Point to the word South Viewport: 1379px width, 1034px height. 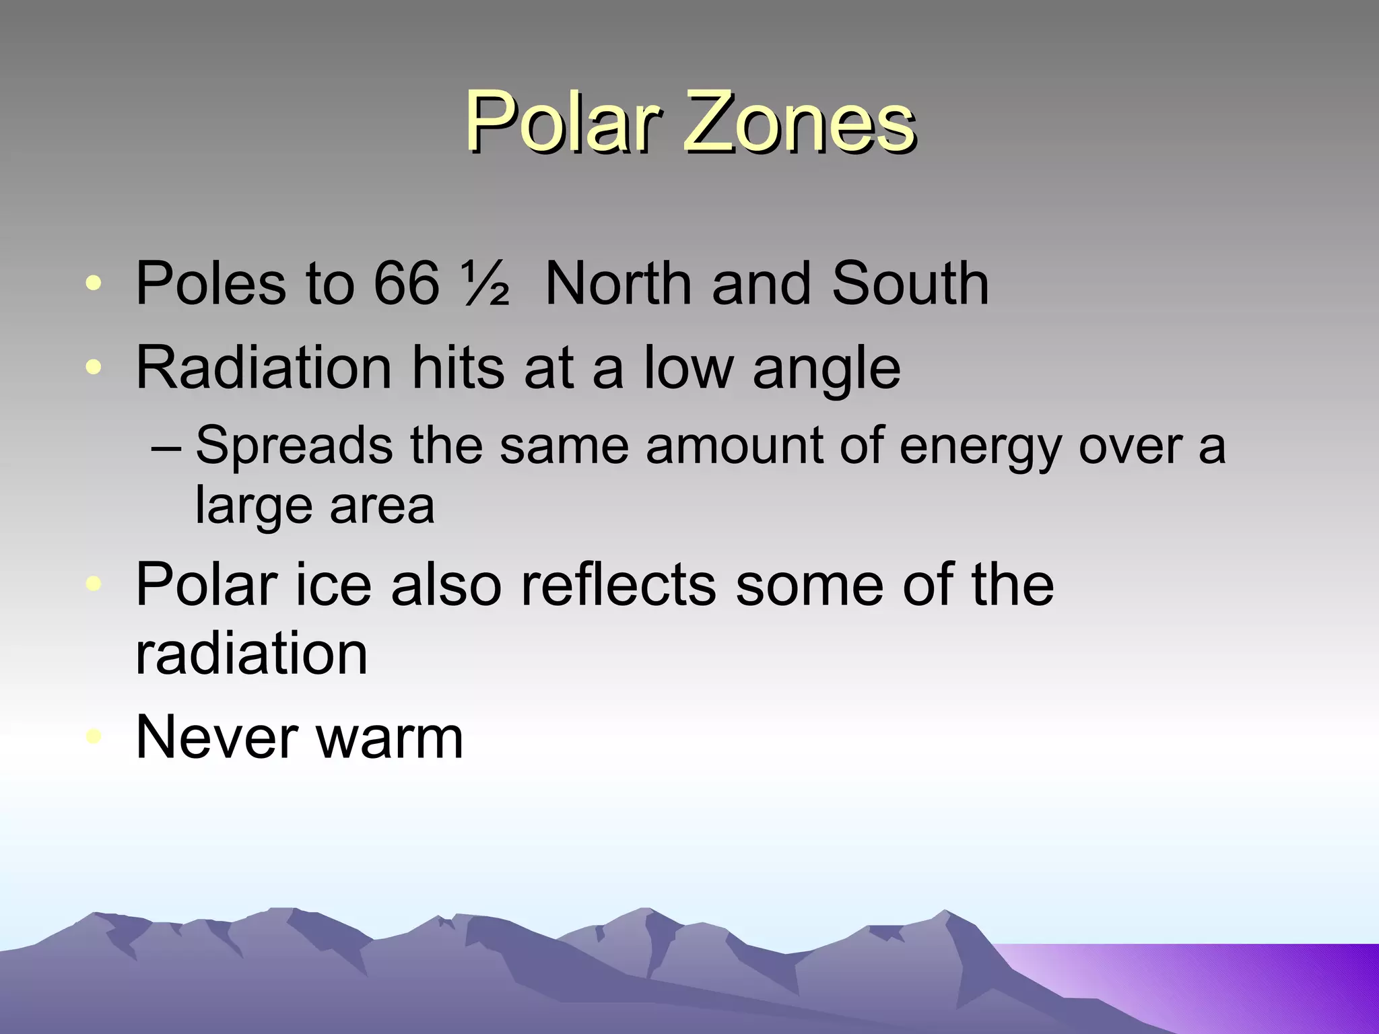[910, 283]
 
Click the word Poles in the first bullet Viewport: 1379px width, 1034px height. [211, 283]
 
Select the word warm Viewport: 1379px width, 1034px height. [390, 738]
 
